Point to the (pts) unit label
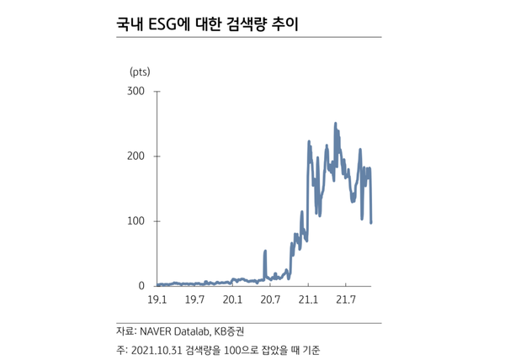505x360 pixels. (140, 70)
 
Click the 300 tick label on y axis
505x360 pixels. (136, 90)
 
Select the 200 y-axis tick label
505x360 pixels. (136, 156)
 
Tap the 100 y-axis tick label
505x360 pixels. (136, 221)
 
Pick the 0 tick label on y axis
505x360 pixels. (142, 286)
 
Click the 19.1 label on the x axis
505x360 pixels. (157, 299)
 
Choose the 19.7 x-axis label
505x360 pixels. (195, 299)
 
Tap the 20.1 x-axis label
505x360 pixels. (233, 299)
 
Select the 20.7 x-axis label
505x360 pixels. (270, 299)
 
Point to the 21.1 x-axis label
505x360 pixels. (308, 299)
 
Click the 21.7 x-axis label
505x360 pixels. (346, 299)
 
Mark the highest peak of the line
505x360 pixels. (335, 124)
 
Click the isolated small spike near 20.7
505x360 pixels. (265, 251)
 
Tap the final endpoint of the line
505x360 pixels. (371, 222)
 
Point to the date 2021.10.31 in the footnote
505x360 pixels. (160, 349)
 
